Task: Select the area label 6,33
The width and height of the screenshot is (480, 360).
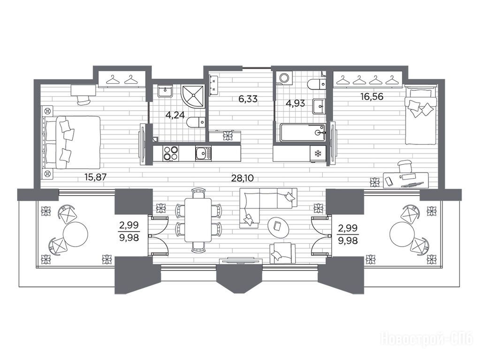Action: [x=248, y=99]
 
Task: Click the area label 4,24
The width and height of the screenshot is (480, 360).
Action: [x=175, y=115]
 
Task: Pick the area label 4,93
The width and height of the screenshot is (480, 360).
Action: [x=295, y=104]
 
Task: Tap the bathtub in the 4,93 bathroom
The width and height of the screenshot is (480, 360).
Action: [x=303, y=132]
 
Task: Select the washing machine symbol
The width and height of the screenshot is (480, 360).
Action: [x=283, y=77]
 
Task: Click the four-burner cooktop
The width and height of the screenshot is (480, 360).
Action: [x=170, y=153]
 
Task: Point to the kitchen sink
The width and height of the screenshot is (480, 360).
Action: [x=203, y=153]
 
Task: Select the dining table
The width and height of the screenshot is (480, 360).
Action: [x=198, y=220]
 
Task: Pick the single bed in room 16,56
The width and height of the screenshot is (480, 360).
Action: [x=420, y=115]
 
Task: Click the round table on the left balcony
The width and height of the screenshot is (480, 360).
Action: [x=75, y=234]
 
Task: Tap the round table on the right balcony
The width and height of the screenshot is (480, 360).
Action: [x=402, y=234]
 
